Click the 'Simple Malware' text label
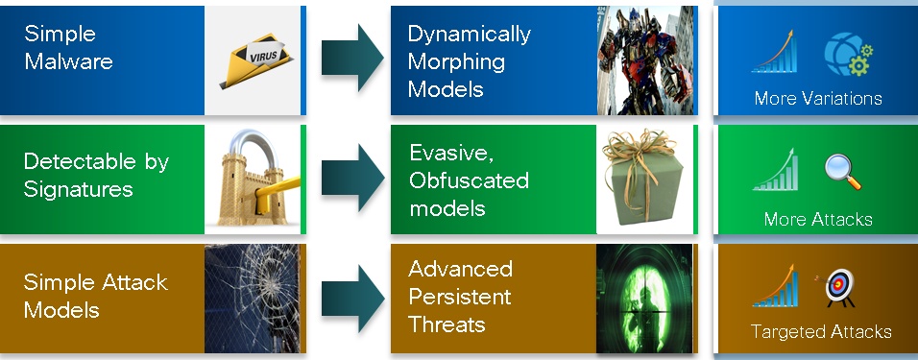pos(68,48)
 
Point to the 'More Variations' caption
pos(817,99)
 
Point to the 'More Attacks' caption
pos(817,220)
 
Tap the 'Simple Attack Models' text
pos(95,297)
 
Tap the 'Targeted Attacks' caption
pos(821,332)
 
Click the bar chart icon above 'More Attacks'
pos(777,171)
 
